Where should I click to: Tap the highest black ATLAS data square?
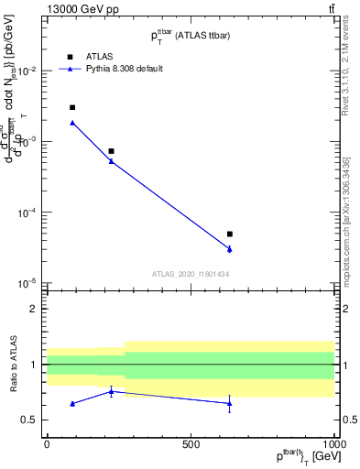[x=72, y=107]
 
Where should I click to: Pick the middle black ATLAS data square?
[x=111, y=151]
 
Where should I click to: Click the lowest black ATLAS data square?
[x=230, y=234]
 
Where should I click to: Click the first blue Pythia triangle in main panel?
[x=72, y=123]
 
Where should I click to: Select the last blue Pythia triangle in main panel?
[x=230, y=249]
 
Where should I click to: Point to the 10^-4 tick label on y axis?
[x=27, y=213]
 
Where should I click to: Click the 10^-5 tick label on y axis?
[x=27, y=283]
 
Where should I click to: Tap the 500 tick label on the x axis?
[x=191, y=444]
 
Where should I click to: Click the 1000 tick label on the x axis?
[x=333, y=444]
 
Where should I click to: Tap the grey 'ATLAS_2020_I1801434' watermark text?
[x=191, y=274]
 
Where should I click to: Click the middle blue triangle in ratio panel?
[x=111, y=391]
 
